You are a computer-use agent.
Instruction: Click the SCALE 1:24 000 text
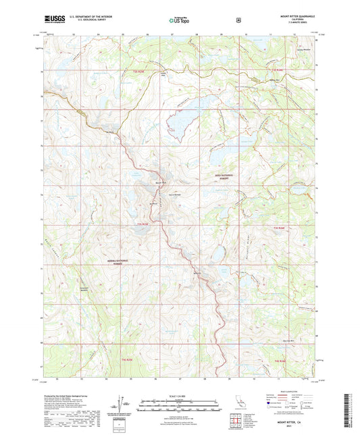pos(179,396)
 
